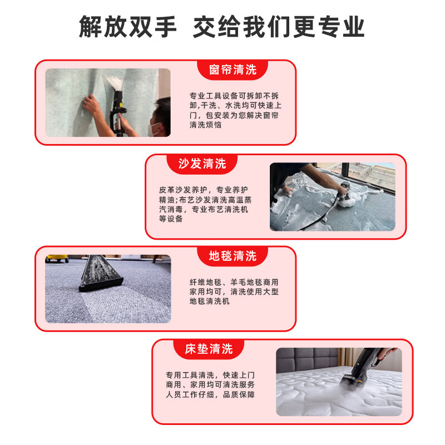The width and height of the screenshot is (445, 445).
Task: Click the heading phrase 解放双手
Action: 127,27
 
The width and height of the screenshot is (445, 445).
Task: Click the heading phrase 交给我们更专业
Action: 279,27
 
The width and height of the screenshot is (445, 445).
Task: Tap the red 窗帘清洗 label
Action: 233,70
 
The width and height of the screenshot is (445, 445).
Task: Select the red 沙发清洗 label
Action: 202,164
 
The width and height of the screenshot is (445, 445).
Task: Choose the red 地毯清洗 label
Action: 233,256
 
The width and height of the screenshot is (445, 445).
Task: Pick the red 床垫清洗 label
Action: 209,349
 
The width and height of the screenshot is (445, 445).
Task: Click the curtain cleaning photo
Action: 108,102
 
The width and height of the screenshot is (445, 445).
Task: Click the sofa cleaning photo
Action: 332,196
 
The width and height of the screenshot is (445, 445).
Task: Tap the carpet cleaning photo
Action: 108,289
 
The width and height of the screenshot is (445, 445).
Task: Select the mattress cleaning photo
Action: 338,382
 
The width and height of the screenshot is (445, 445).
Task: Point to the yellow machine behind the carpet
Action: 57,258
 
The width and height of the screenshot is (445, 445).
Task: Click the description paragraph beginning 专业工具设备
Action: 234,110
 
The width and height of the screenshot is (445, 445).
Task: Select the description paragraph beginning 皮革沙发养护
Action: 204,204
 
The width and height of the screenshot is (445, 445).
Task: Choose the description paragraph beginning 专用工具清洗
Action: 210,384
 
